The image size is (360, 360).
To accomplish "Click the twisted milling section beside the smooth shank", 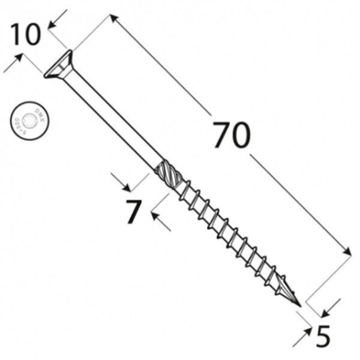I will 167,173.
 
